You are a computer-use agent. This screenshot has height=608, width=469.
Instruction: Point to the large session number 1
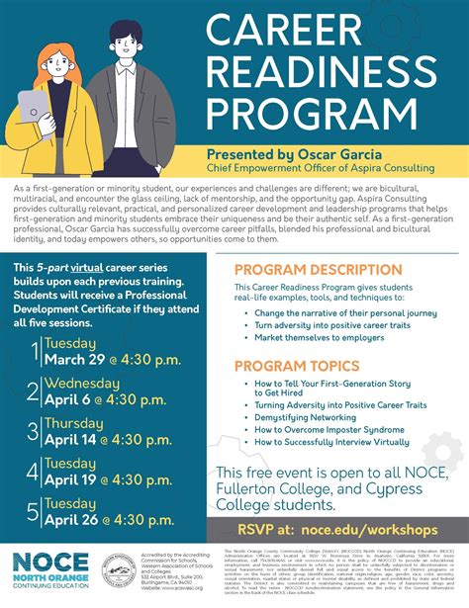pos(34,351)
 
